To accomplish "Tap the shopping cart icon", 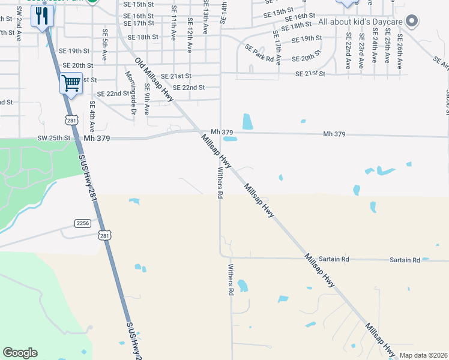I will (x=71, y=83).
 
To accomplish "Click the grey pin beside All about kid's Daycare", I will (x=411, y=22).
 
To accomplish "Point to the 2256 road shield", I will (x=83, y=223).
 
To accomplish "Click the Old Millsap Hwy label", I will (x=154, y=79).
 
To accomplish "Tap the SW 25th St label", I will (x=54, y=138).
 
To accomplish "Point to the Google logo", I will (x=20, y=353).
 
